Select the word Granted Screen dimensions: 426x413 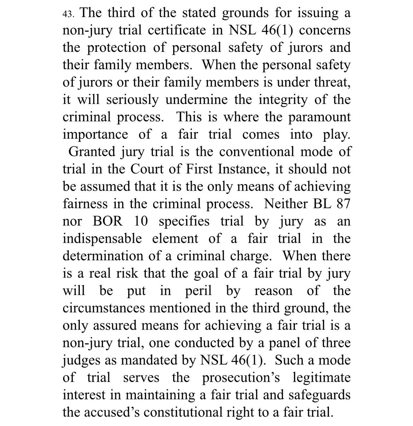(91, 152)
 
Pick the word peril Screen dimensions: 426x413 (198, 291)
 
